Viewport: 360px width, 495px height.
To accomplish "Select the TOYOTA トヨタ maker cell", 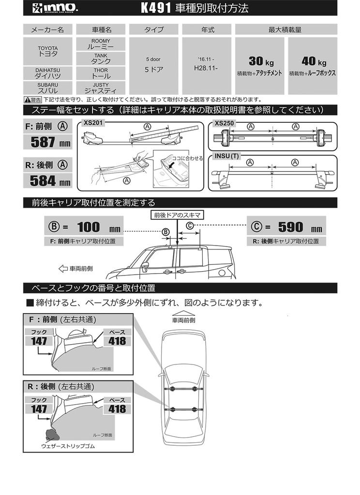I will [x=48, y=51].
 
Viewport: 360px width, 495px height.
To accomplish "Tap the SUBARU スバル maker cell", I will [x=48, y=87].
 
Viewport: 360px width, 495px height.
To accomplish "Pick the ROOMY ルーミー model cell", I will [x=101, y=44].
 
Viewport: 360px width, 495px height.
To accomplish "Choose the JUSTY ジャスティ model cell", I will [x=101, y=87].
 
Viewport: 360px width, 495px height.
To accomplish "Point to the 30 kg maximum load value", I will [x=260, y=61].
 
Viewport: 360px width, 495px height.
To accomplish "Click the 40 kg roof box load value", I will [x=313, y=61].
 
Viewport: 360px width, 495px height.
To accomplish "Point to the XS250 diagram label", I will [x=224, y=123].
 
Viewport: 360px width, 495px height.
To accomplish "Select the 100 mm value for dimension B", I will [x=87, y=227].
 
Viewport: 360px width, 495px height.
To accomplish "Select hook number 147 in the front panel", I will [x=39, y=341].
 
